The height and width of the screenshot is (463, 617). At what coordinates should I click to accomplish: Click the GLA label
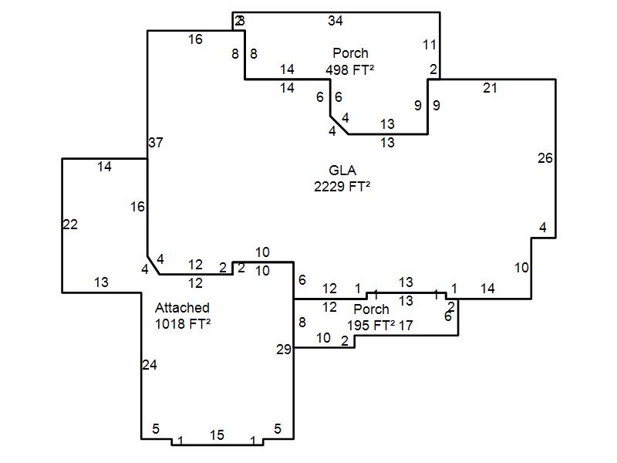pyautogui.click(x=342, y=171)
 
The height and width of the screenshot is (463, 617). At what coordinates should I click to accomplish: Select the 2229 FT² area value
pyautogui.click(x=342, y=186)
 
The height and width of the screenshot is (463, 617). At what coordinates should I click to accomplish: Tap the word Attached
pyautogui.click(x=182, y=308)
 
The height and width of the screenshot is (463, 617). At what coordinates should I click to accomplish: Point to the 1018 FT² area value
pyautogui.click(x=182, y=324)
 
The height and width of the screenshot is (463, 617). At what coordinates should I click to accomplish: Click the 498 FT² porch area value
pyautogui.click(x=350, y=69)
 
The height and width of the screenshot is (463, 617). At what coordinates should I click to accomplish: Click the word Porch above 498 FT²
pyautogui.click(x=350, y=53)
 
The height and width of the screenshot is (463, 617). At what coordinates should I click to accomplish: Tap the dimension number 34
pyautogui.click(x=335, y=21)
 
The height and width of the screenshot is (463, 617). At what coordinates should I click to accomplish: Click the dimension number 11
pyautogui.click(x=430, y=45)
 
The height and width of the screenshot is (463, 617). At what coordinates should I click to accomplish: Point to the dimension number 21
pyautogui.click(x=490, y=87)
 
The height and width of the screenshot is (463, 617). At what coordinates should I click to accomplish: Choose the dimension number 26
pyautogui.click(x=545, y=158)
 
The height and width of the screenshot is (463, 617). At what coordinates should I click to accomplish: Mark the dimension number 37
pyautogui.click(x=156, y=143)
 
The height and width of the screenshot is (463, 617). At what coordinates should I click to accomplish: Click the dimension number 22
pyautogui.click(x=70, y=225)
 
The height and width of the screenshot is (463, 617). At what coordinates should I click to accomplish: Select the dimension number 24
pyautogui.click(x=150, y=365)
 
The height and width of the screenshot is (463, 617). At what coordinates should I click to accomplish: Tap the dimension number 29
pyautogui.click(x=284, y=350)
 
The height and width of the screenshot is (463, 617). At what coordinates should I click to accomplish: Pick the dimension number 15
pyautogui.click(x=217, y=435)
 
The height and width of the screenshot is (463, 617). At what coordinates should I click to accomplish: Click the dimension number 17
pyautogui.click(x=406, y=325)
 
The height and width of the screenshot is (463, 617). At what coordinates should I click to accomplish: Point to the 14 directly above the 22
pyautogui.click(x=104, y=166)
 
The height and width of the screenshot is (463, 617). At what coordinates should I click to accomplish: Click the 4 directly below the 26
pyautogui.click(x=543, y=228)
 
